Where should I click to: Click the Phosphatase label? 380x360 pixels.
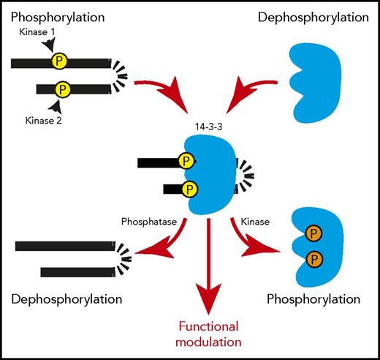147,220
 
